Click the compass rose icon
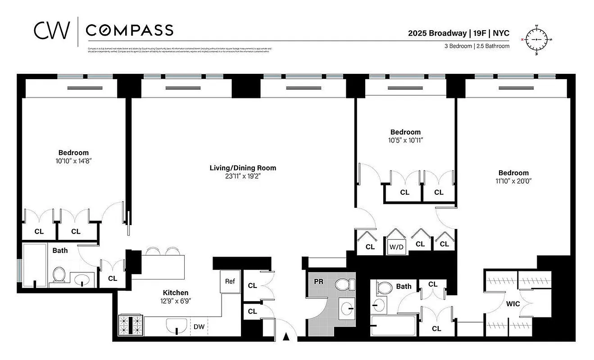click(x=536, y=40)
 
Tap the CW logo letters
click(x=52, y=30)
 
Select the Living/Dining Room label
click(x=243, y=168)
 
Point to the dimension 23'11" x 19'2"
click(x=243, y=176)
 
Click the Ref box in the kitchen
click(x=230, y=281)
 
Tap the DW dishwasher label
click(x=199, y=327)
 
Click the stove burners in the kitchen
click(x=130, y=324)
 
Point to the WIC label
click(x=513, y=304)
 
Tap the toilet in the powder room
click(x=345, y=284)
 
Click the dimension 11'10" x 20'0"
click(x=513, y=181)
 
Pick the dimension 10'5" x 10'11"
click(x=405, y=140)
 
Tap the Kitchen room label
click(x=176, y=292)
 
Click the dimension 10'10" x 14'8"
click(x=73, y=161)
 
